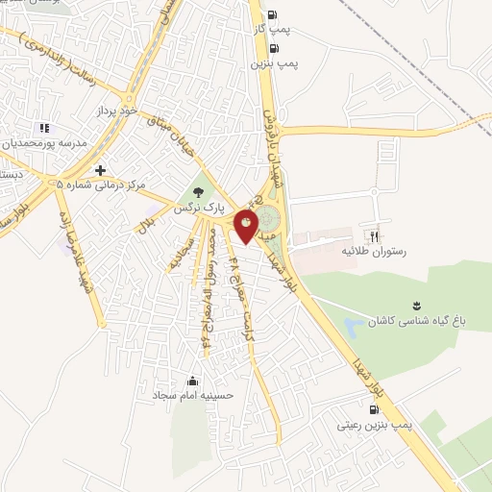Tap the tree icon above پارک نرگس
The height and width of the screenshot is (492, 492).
tap(199, 191)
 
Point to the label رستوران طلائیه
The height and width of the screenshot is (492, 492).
tap(371, 251)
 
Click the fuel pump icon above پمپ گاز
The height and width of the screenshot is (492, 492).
tap(272, 14)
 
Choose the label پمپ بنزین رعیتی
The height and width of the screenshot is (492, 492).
tap(376, 424)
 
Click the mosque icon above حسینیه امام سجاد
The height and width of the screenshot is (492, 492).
tap(193, 381)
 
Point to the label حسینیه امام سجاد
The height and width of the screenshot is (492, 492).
tap(188, 395)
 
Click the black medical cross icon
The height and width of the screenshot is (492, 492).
tap(100, 169)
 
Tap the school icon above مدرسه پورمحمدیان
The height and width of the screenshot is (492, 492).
tap(42, 128)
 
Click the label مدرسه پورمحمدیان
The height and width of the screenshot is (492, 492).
tap(47, 142)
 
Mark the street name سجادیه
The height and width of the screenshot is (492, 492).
tap(179, 252)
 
